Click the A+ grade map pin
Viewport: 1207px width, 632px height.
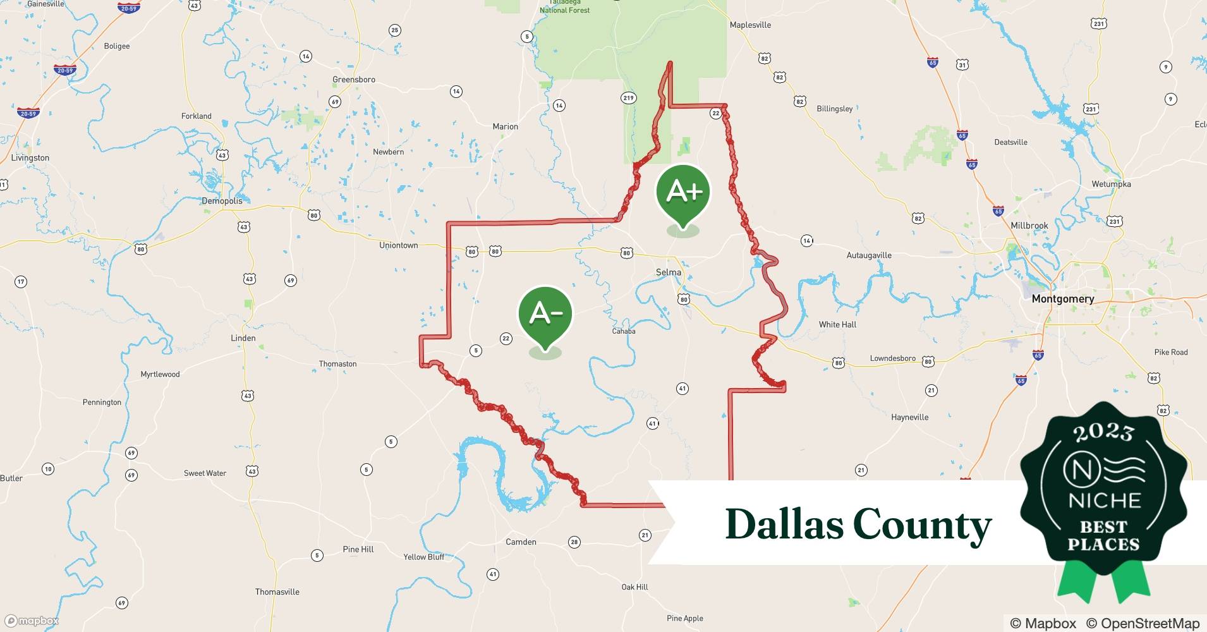tap(683, 191)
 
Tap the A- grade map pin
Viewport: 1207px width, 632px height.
tap(545, 314)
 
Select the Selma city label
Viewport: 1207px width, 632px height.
tap(668, 272)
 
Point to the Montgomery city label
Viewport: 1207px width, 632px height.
tap(1062, 299)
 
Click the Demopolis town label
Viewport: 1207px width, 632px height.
tap(222, 201)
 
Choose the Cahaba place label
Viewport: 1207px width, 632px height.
tap(623, 331)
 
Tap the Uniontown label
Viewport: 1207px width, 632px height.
tap(398, 245)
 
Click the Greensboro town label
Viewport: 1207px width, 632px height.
tap(354, 80)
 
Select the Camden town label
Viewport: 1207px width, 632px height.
tap(521, 542)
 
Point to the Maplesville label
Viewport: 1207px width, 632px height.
tap(750, 25)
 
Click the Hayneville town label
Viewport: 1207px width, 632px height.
tap(909, 417)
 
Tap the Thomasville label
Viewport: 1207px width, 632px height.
tap(277, 592)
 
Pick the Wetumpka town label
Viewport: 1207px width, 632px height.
tap(1111, 185)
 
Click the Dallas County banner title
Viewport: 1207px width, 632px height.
tap(858, 525)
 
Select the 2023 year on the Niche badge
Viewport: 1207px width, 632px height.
tap(1103, 433)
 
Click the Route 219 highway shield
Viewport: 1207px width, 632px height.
tap(628, 98)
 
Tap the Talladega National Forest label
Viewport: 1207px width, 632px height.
tap(564, 7)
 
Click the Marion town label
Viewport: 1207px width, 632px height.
tap(505, 127)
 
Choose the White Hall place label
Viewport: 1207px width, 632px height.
tap(837, 325)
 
